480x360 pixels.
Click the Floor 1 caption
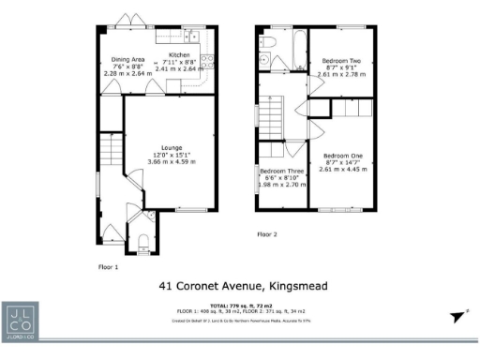(108, 266)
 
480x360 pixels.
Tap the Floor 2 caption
(267, 233)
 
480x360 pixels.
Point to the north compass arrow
(458, 318)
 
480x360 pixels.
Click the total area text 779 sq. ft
(248, 307)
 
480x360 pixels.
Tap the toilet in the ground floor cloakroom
(143, 238)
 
